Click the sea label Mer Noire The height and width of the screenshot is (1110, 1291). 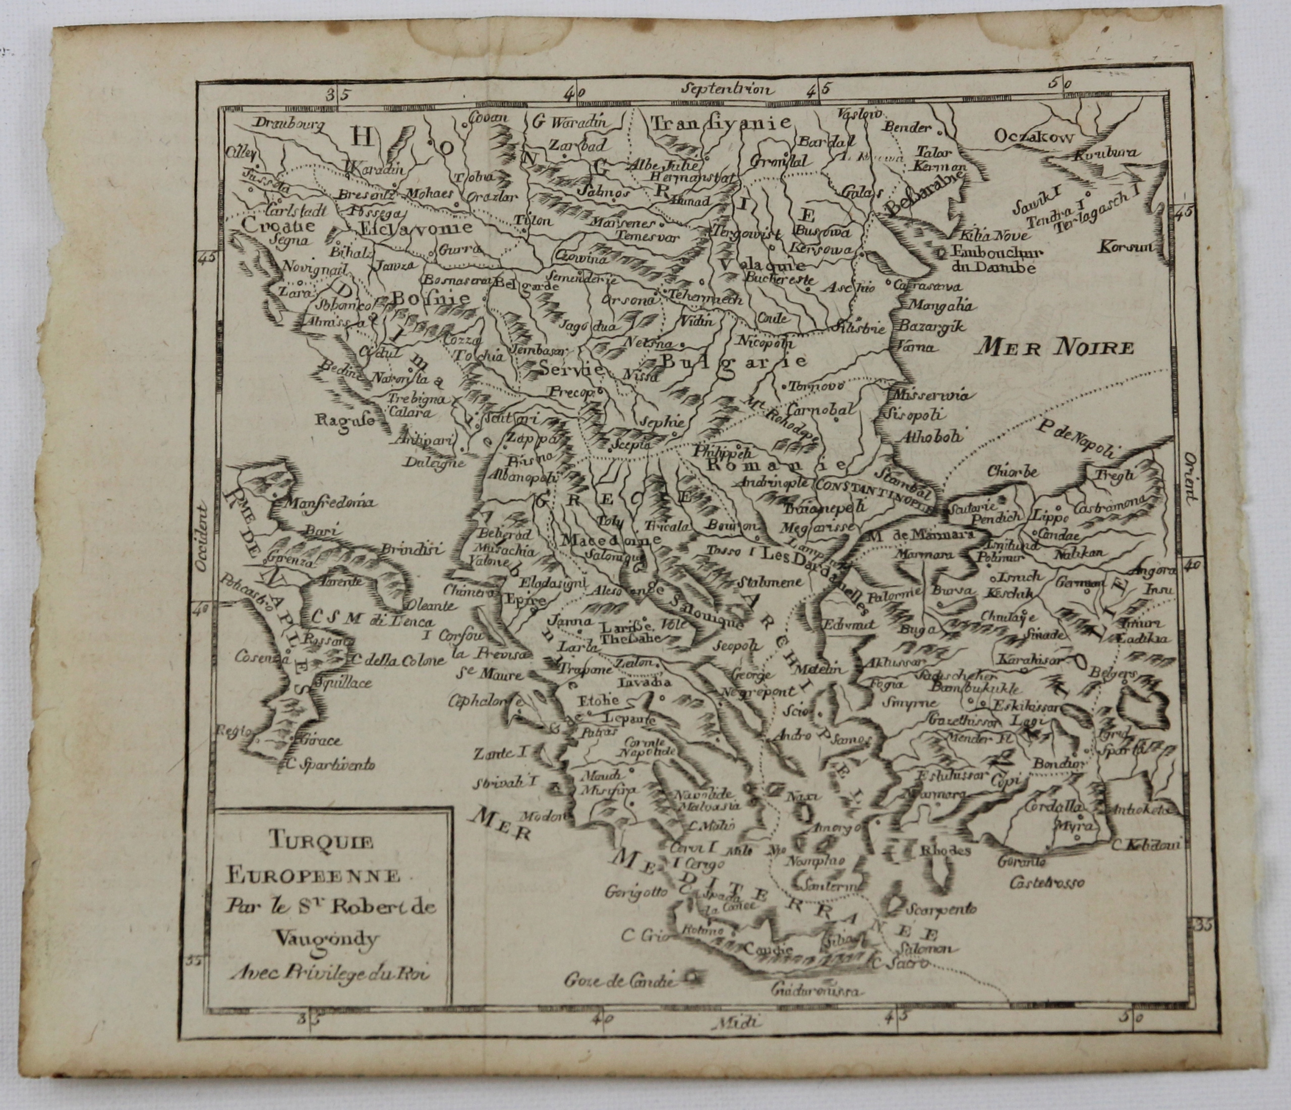pos(1054,346)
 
